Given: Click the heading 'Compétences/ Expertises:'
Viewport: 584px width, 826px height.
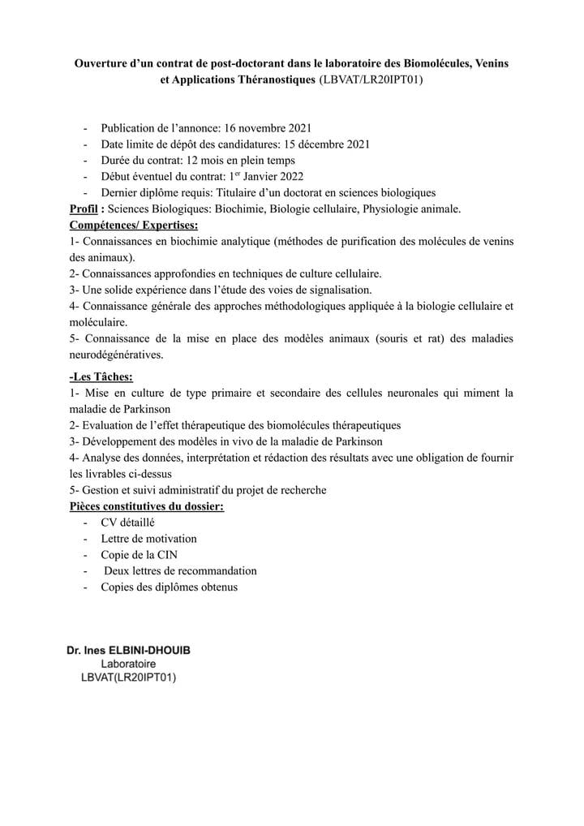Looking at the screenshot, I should click(134, 225).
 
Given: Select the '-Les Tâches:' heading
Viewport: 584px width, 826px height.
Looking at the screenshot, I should click(101, 376).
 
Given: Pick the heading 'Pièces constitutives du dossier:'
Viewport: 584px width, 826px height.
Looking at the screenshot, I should click(147, 506).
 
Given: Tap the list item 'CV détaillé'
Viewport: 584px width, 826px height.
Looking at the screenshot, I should click(127, 523).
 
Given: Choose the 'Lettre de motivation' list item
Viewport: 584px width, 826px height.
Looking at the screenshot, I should click(148, 538).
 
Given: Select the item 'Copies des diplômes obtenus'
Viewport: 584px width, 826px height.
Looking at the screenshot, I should click(169, 587).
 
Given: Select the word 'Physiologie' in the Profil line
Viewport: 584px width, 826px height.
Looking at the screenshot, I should click(393, 209).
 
